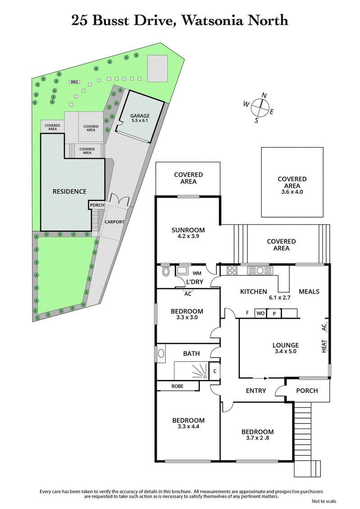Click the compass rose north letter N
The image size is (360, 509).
[264, 95]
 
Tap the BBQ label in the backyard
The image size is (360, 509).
[74, 82]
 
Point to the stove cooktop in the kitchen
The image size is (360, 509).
[232, 270]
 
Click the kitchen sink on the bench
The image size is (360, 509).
[260, 270]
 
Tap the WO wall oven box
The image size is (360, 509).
[260, 313]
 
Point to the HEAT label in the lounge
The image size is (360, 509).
[324, 346]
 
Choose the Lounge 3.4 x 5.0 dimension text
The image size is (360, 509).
[285, 352]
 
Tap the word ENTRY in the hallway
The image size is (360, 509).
[256, 391]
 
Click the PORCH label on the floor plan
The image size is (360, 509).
[307, 391]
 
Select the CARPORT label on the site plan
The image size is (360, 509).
[114, 222]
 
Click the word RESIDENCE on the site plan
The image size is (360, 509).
[69, 191]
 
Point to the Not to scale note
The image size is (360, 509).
[324, 501]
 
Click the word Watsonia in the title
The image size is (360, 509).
[211, 20]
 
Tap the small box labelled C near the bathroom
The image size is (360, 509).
[215, 371]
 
